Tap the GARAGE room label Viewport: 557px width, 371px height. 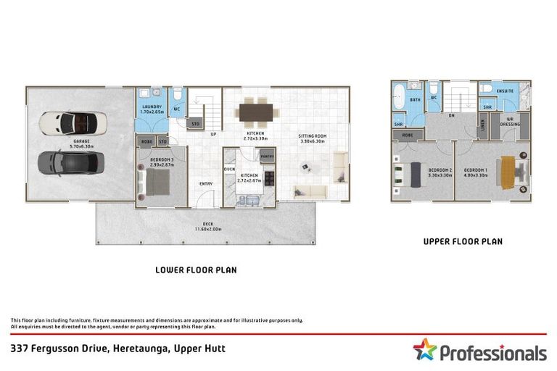[x=81, y=141]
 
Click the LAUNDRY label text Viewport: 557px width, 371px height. [x=152, y=107]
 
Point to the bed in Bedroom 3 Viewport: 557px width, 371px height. [x=159, y=182]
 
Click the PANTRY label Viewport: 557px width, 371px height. [x=266, y=156]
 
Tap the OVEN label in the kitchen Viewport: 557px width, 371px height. [x=229, y=169]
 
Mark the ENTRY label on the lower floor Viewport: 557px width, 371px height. [x=206, y=183]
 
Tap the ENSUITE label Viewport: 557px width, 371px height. [x=506, y=91]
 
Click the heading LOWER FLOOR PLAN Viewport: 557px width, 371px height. [x=196, y=270]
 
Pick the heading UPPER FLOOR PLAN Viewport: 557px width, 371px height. [x=463, y=241]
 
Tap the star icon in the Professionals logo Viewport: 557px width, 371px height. [x=425, y=350]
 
